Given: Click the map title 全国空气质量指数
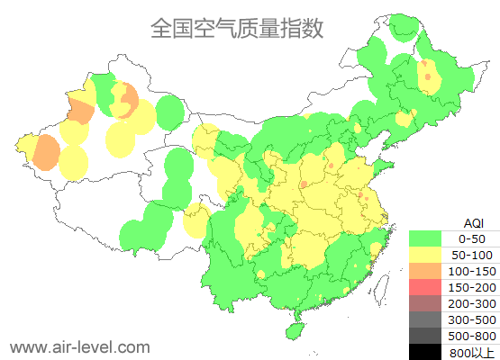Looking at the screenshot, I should [236, 29].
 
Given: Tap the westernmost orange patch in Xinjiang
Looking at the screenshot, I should [44, 154].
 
